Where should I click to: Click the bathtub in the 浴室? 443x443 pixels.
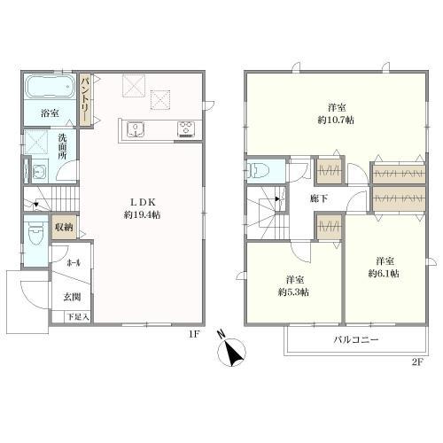(50, 87)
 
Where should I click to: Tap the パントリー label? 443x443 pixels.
(86, 99)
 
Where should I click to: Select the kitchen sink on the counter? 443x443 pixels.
(136, 129)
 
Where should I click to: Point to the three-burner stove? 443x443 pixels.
(186, 129)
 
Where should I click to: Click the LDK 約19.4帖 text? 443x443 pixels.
(143, 208)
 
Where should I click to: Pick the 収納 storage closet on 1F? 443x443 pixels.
(65, 227)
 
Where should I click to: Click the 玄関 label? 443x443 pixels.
(72, 297)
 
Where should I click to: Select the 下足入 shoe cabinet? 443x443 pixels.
(78, 317)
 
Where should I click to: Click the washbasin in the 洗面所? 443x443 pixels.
(39, 171)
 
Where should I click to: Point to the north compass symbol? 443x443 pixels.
(231, 350)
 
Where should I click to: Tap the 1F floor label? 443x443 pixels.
(195, 334)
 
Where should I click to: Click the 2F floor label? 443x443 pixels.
(418, 362)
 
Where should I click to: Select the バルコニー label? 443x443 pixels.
(356, 339)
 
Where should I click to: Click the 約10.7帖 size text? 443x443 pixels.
(336, 120)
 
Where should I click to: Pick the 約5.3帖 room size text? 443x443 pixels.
(293, 292)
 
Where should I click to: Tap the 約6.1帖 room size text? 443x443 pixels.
(384, 274)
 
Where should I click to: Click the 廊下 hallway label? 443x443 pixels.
(319, 198)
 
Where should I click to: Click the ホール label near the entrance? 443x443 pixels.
(74, 262)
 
